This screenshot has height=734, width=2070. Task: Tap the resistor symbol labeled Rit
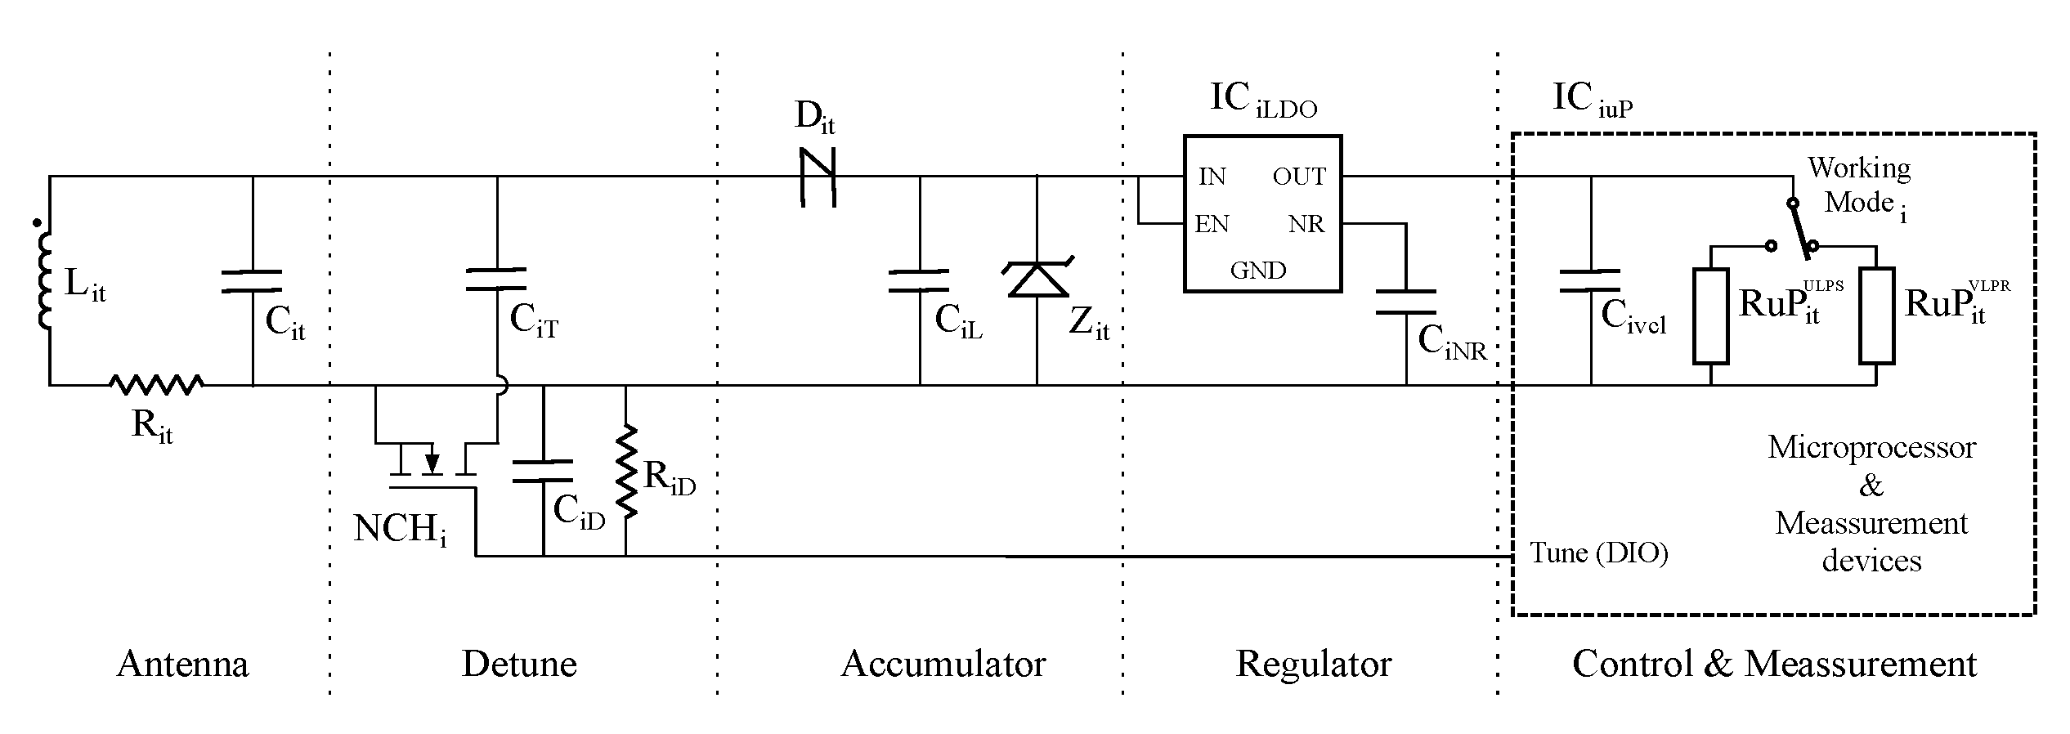(x=156, y=384)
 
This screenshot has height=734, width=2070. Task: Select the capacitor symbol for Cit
(x=252, y=281)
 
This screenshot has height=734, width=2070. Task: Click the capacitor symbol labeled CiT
(x=496, y=279)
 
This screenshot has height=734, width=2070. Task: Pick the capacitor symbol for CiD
(x=542, y=472)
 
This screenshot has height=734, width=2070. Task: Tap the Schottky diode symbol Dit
(x=817, y=177)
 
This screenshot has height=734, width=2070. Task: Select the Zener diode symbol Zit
(x=1037, y=280)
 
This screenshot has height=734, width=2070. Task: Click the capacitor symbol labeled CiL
(x=919, y=280)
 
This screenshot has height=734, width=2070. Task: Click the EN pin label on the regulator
(x=1212, y=225)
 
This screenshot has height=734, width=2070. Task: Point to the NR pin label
(x=1306, y=225)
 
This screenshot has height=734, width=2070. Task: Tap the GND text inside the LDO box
(x=1258, y=271)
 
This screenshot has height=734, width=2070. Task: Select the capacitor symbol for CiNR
(x=1406, y=301)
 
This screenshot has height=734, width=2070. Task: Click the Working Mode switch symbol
(x=1799, y=229)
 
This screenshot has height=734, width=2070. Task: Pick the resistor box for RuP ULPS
(x=1710, y=316)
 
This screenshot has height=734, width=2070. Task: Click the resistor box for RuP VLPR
(x=1876, y=316)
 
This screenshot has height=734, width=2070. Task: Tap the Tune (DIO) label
(x=1598, y=553)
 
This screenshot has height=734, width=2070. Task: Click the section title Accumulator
(x=943, y=664)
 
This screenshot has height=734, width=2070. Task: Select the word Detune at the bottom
(x=519, y=664)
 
